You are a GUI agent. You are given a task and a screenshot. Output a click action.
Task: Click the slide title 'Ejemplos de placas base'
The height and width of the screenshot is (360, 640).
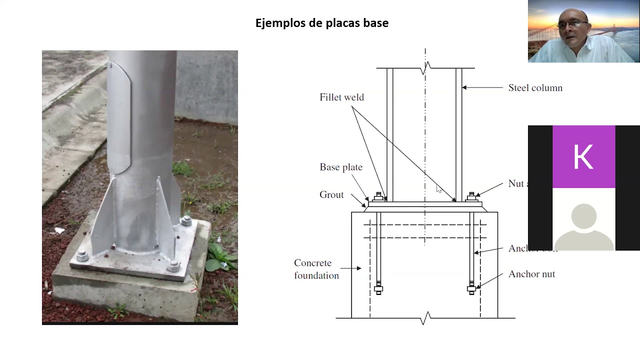pyautogui.click(x=321, y=23)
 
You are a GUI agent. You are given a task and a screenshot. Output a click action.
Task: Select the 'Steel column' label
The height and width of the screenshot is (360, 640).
pyautogui.click(x=535, y=88)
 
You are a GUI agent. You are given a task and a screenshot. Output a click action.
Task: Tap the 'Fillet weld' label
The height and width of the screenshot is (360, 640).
pyautogui.click(x=341, y=97)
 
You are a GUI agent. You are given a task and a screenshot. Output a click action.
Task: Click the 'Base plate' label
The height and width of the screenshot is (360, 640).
pyautogui.click(x=340, y=167)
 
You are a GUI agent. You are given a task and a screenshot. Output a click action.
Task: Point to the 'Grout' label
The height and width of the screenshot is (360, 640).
pyautogui.click(x=331, y=195)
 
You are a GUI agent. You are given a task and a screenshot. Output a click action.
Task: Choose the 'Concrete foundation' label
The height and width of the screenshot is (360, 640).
pyautogui.click(x=316, y=269)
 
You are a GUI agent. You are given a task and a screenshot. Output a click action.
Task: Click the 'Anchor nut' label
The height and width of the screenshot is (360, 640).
pyautogui.click(x=531, y=274)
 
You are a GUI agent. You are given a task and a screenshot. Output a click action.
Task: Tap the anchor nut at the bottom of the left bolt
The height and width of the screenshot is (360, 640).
pyautogui.click(x=378, y=288)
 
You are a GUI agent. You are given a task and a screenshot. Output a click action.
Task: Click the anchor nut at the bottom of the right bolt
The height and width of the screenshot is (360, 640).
pyautogui.click(x=471, y=288)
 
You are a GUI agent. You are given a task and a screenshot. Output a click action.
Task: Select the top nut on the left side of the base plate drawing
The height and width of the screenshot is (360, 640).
pyautogui.click(x=378, y=196)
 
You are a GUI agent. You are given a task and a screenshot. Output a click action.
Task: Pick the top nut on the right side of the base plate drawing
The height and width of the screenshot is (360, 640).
pyautogui.click(x=471, y=196)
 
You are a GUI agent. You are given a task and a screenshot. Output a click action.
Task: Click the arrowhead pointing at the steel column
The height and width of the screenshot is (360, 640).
pyautogui.click(x=464, y=88)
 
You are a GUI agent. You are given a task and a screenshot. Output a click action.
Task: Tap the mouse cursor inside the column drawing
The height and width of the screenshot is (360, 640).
pyautogui.click(x=438, y=188)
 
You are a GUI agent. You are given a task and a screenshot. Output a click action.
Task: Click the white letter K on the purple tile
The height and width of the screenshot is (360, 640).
pyautogui.click(x=583, y=157)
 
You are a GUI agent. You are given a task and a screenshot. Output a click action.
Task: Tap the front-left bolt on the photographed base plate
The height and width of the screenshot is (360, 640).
pyautogui.click(x=83, y=256)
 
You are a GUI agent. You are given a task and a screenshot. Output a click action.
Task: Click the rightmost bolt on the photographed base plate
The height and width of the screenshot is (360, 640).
pyautogui.click(x=186, y=221)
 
